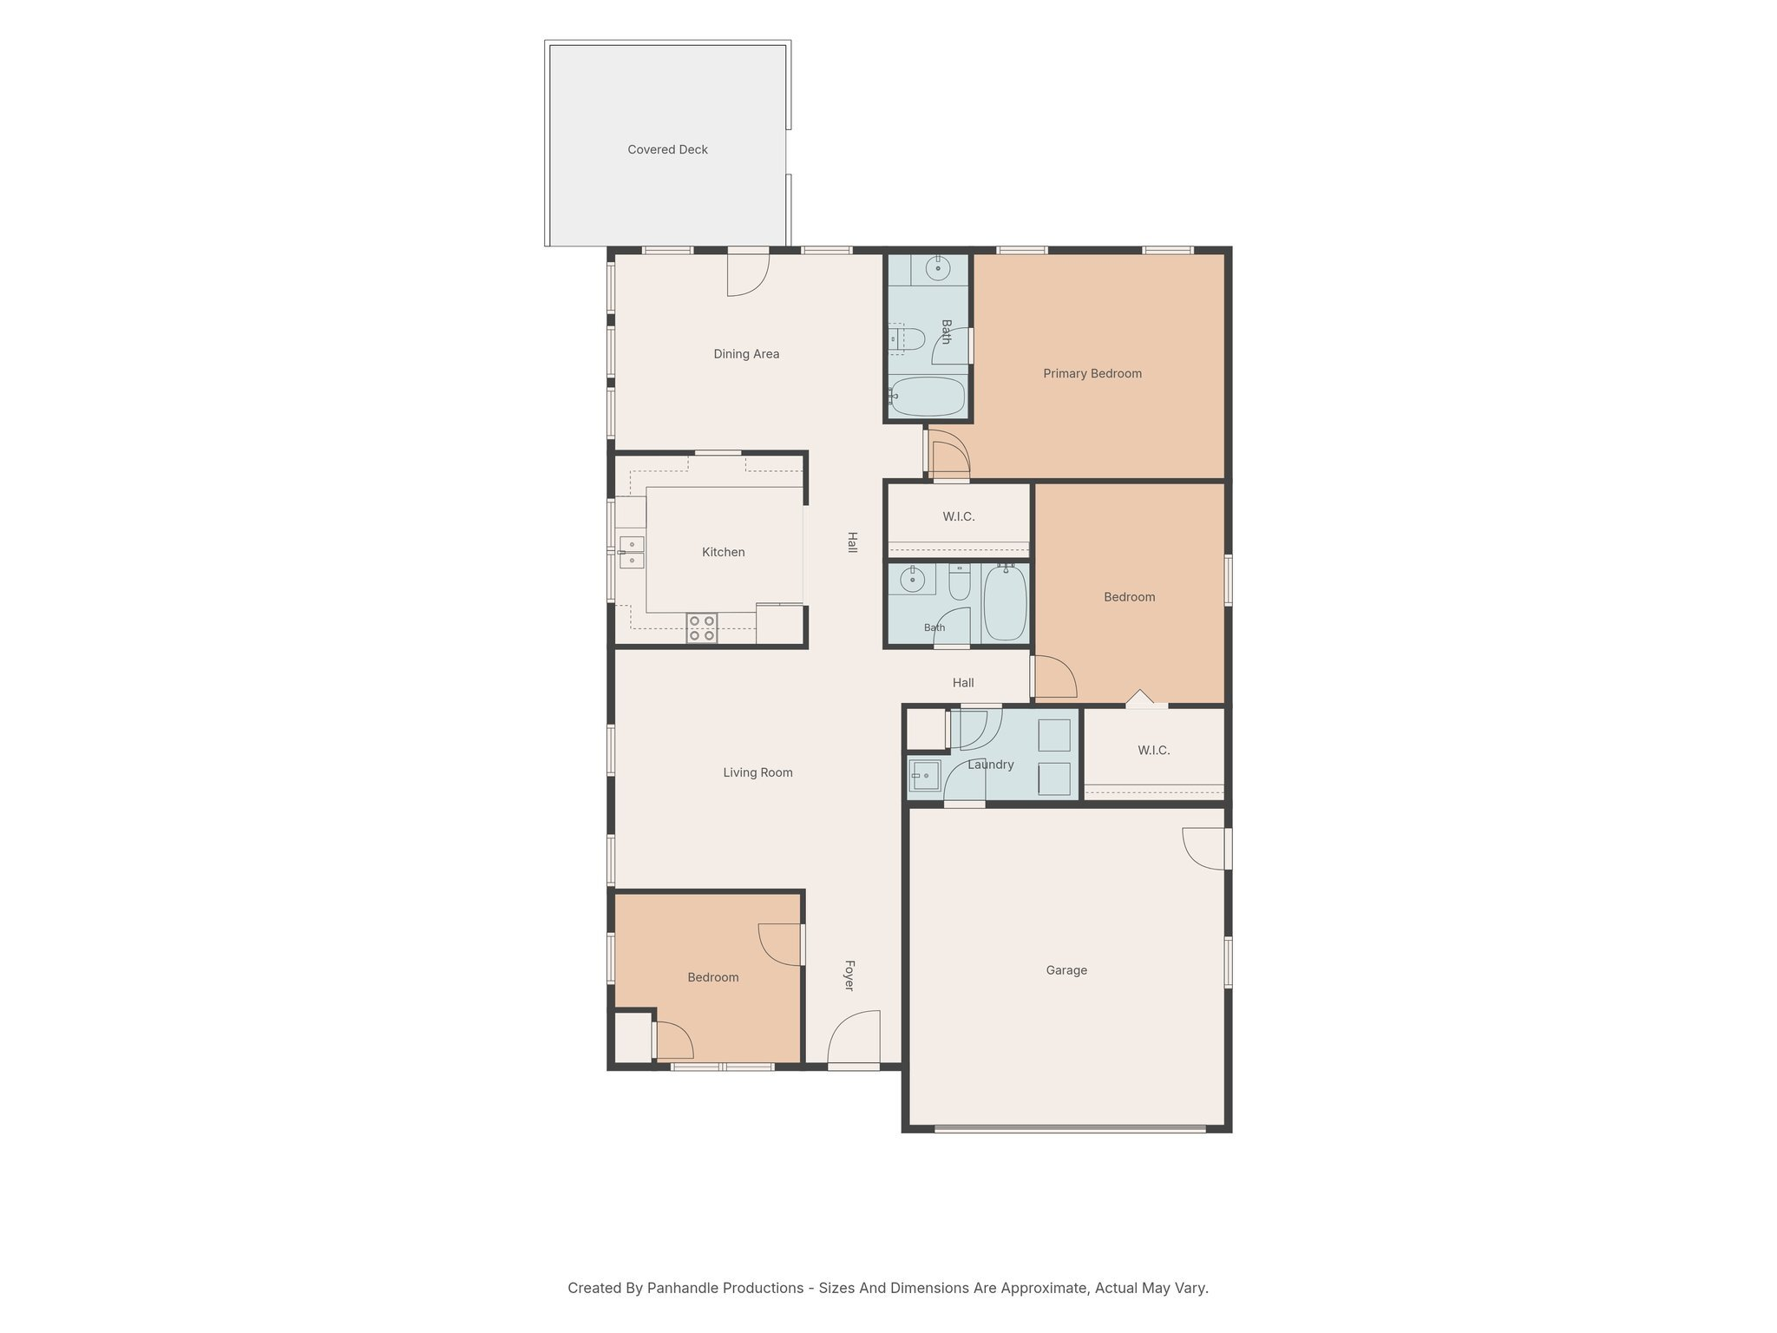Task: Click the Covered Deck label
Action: (x=667, y=149)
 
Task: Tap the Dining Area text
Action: (x=746, y=354)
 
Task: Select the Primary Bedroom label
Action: (x=1092, y=373)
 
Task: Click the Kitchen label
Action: (x=723, y=552)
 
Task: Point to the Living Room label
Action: (x=757, y=772)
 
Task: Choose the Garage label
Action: (x=1066, y=970)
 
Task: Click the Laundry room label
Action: (x=990, y=765)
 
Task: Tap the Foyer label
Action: (x=849, y=975)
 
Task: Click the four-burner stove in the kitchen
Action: (x=701, y=628)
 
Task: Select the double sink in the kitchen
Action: (x=632, y=552)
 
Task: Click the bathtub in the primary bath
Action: (x=928, y=397)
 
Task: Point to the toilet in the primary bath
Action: (x=905, y=338)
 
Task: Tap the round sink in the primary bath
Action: (x=938, y=268)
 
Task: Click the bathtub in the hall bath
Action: (x=1006, y=602)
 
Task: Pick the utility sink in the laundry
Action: (x=925, y=774)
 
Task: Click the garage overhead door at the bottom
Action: (x=1070, y=1128)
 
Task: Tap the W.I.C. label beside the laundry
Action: (x=1153, y=750)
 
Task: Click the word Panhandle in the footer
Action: (x=680, y=1288)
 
